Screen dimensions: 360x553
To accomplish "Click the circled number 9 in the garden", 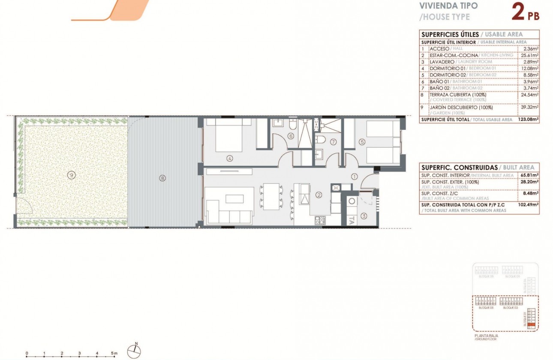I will pos(71,174).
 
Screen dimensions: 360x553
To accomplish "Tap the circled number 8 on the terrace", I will pos(162,177).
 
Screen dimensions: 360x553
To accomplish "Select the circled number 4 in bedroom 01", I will pos(230,158).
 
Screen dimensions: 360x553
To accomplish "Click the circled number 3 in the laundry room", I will pos(364,216).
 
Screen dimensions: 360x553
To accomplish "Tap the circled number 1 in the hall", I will pos(355,176).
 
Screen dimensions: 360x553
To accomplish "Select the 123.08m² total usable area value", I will pos(528,120).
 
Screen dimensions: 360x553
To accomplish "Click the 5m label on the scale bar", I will pos(114,354).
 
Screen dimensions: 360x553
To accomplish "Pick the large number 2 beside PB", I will pos(518,12).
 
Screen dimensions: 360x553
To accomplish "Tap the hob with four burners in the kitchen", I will pos(320,221).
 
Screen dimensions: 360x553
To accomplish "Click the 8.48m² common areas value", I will pos(530,193).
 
